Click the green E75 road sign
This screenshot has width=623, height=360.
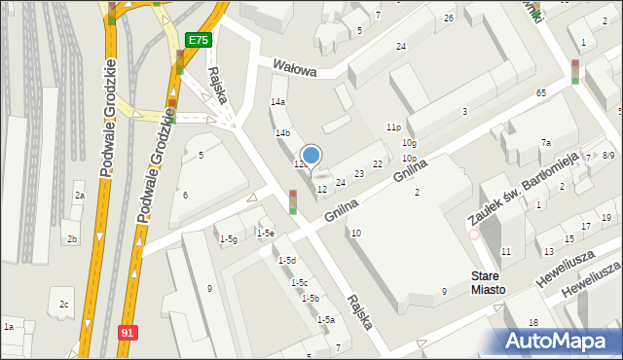(x=198, y=40)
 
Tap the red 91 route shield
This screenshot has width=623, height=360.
(x=128, y=332)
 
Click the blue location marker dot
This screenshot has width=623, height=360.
(x=311, y=154)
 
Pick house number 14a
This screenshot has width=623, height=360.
(x=278, y=101)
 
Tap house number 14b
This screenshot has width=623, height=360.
(x=282, y=132)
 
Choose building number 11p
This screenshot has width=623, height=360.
(x=393, y=126)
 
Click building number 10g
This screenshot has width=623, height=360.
(x=409, y=143)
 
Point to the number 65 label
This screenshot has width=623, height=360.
(x=540, y=92)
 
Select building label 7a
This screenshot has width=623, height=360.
(x=546, y=143)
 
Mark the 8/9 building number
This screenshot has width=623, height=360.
(x=608, y=155)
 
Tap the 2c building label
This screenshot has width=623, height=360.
(x=64, y=305)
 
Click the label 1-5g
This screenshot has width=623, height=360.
(x=229, y=239)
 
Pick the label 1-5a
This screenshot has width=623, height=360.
(x=326, y=319)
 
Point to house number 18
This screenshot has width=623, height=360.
(x=533, y=322)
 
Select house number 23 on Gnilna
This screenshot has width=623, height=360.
(x=359, y=174)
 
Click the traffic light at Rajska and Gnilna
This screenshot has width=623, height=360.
(x=292, y=201)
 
